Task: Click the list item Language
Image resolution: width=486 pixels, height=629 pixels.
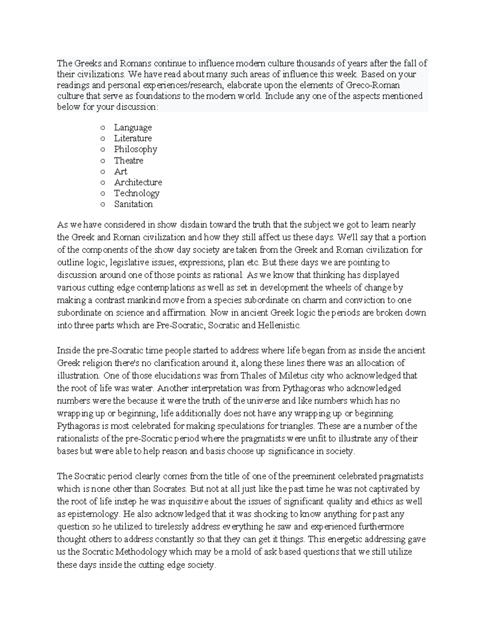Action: (x=133, y=128)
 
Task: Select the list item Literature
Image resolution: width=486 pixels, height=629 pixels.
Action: (x=133, y=139)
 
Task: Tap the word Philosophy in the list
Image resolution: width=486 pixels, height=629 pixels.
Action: (x=135, y=149)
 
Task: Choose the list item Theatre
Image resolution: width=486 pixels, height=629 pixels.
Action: (x=128, y=160)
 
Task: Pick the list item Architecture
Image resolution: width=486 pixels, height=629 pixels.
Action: (x=138, y=182)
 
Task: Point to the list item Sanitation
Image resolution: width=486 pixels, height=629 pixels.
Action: (x=133, y=204)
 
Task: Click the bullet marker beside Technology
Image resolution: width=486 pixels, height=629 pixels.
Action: (x=102, y=194)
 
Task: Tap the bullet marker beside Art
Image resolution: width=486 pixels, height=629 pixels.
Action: (x=102, y=172)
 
